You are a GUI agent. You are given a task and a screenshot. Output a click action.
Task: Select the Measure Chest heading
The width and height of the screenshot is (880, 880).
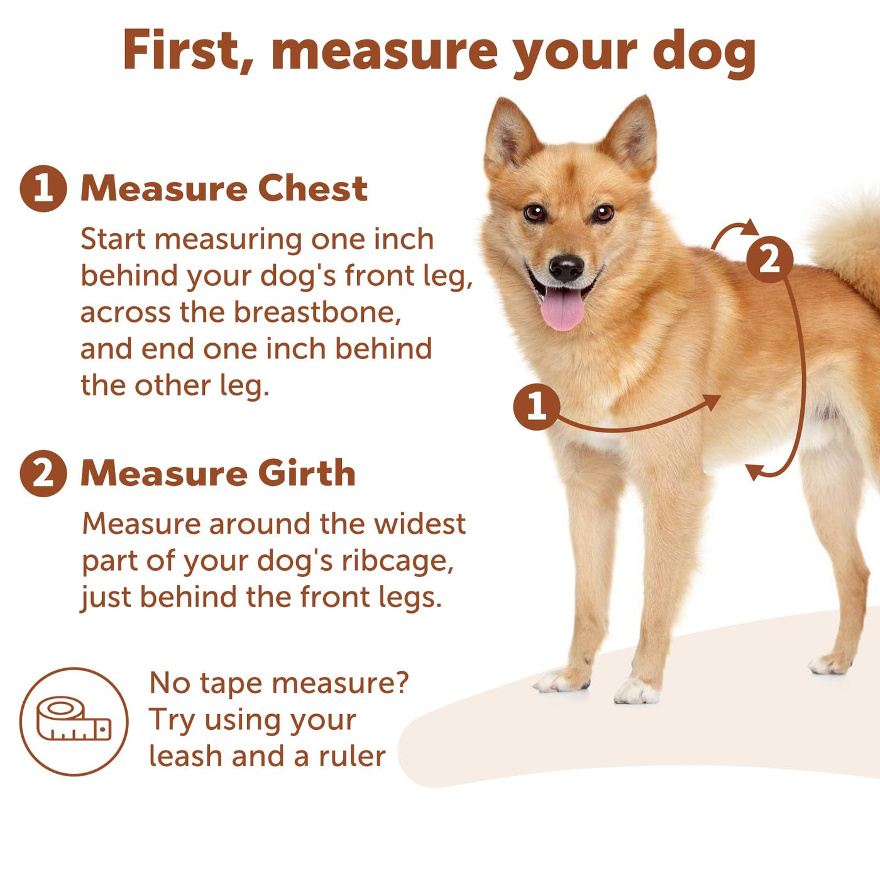click(224, 188)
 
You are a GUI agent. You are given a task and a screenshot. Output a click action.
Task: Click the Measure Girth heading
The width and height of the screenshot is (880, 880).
click(218, 473)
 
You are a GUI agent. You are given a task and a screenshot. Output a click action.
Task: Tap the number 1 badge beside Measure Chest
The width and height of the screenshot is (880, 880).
click(43, 189)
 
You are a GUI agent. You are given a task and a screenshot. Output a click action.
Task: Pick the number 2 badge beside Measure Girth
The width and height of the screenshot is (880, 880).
click(43, 473)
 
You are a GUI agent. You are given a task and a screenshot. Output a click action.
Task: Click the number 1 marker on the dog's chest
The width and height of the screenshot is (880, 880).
click(537, 407)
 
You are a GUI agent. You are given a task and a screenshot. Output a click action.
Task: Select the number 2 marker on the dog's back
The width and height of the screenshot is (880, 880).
click(770, 260)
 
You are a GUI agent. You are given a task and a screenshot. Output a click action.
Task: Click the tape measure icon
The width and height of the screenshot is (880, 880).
click(74, 722)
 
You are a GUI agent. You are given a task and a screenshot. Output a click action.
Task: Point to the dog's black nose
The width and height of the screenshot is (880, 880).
click(566, 268)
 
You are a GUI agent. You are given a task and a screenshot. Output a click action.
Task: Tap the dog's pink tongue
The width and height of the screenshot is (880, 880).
click(563, 309)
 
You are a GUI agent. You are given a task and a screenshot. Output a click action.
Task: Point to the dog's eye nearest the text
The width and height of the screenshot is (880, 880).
click(534, 212)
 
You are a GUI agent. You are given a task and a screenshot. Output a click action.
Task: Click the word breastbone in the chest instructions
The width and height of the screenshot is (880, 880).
click(318, 312)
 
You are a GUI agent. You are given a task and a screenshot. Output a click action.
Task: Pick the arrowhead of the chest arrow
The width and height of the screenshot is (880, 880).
click(712, 401)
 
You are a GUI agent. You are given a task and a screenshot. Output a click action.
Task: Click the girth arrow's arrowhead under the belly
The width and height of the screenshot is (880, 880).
click(754, 471)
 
